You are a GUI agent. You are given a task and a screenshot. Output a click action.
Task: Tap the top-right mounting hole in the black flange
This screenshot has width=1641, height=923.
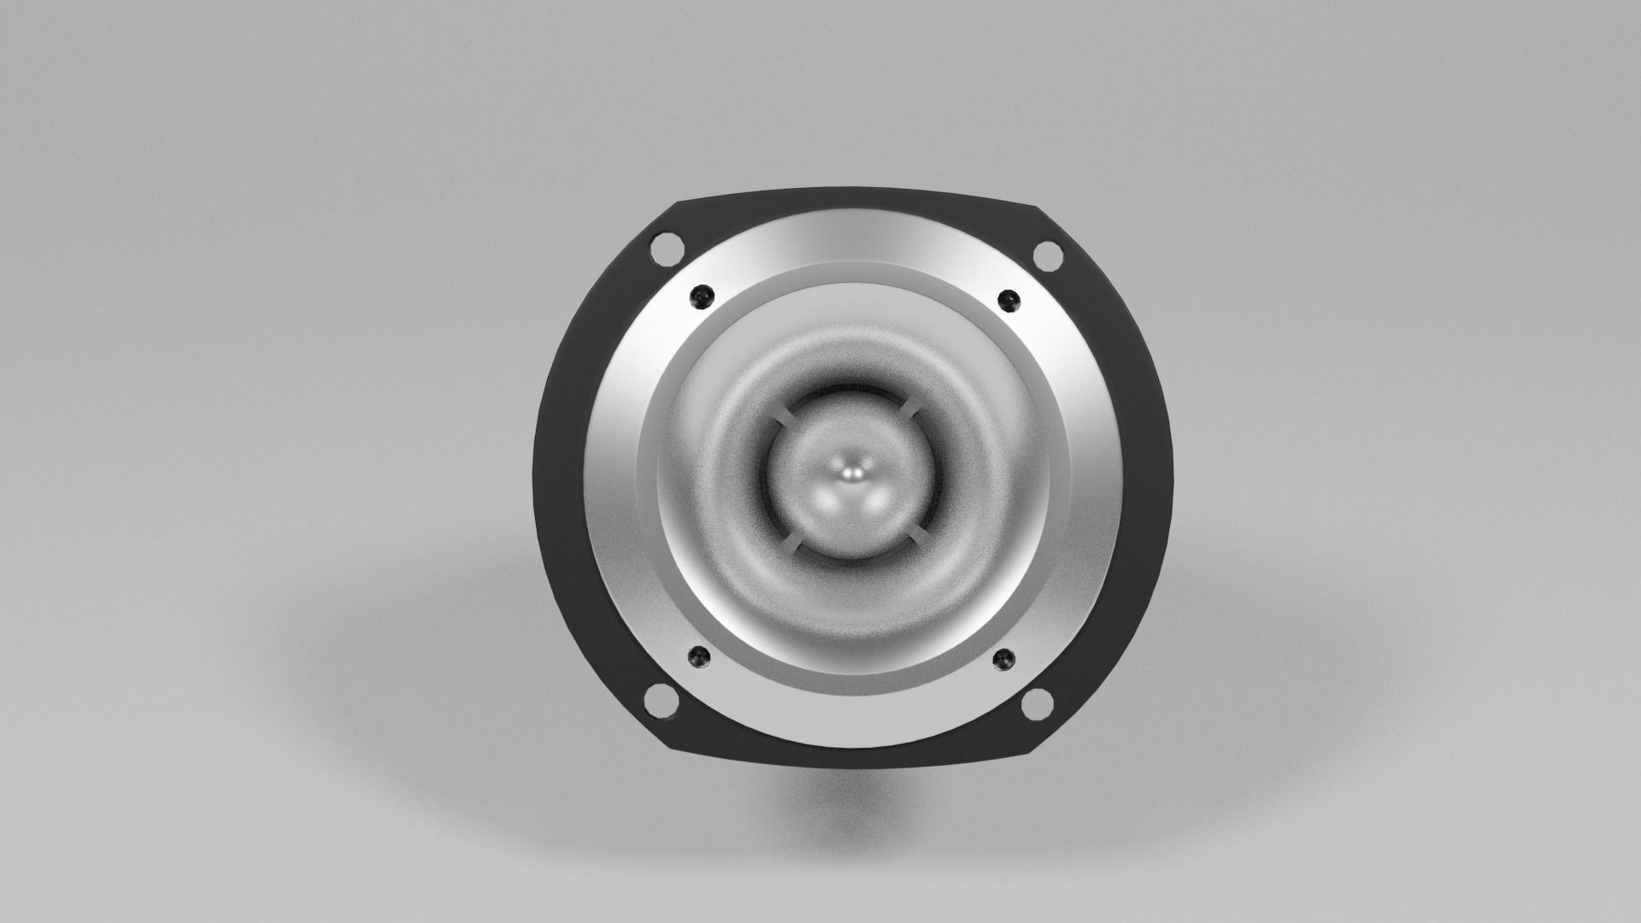click(1045, 255)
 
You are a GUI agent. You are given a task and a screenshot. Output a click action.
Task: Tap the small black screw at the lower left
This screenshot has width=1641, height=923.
click(698, 657)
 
